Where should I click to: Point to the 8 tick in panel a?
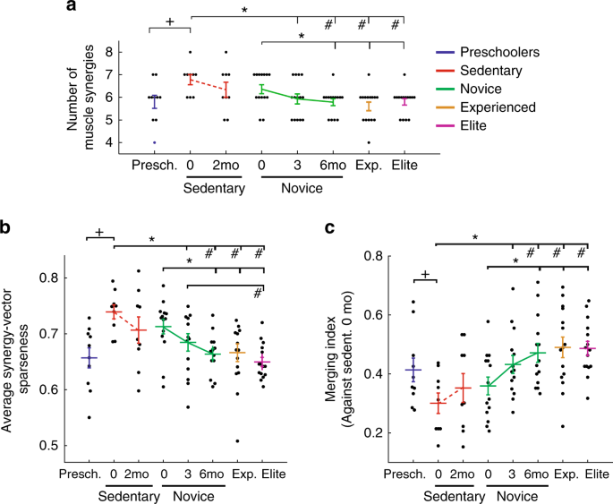pos(112,52)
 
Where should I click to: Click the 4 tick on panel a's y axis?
pos(112,142)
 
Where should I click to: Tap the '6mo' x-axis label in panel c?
pos(537,471)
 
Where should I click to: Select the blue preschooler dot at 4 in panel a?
pos(155,142)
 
